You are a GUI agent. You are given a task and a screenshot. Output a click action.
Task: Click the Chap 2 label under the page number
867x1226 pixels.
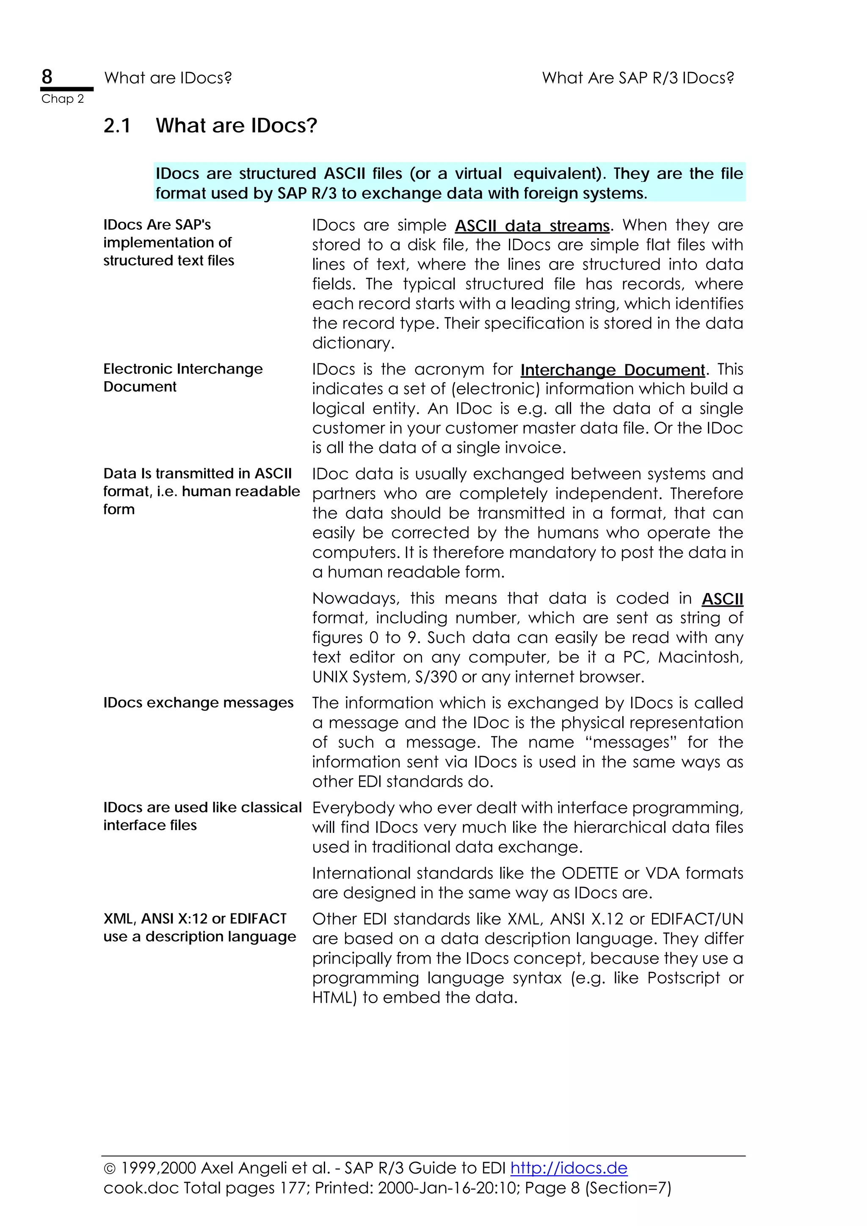click(63, 99)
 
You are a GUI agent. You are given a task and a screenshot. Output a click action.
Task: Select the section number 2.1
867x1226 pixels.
click(117, 126)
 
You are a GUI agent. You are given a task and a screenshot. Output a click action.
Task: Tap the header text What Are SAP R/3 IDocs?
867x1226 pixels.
click(638, 78)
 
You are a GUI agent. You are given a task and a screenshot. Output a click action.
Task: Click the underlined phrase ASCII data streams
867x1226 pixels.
click(532, 226)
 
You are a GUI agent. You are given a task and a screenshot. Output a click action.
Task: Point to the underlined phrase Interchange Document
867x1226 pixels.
click(612, 370)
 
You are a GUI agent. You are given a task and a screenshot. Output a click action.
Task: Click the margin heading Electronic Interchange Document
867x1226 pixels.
click(183, 377)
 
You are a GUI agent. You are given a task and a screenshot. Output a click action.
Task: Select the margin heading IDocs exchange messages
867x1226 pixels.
click(198, 703)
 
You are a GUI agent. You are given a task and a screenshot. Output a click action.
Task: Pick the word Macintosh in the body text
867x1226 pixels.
click(699, 657)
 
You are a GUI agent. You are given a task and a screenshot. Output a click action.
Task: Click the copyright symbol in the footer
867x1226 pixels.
click(110, 1169)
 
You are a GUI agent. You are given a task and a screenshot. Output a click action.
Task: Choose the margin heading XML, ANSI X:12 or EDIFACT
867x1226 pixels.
click(195, 919)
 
